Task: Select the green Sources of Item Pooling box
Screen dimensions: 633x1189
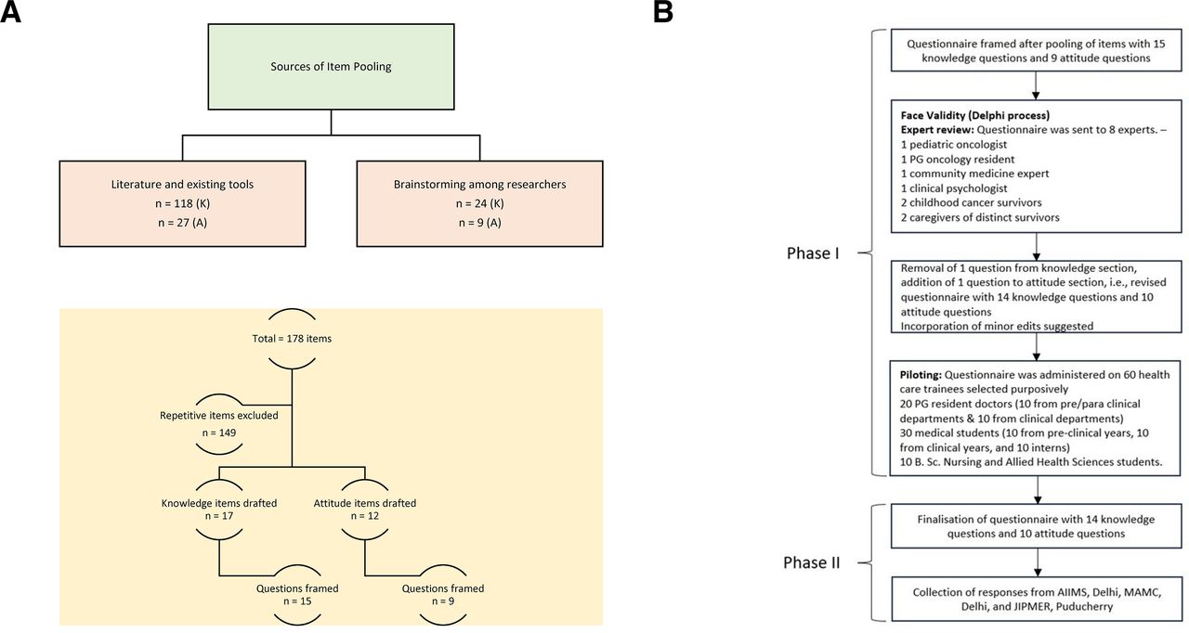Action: (x=332, y=68)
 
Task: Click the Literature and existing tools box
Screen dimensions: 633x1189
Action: (x=182, y=202)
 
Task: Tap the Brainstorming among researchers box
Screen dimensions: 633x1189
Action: (x=479, y=202)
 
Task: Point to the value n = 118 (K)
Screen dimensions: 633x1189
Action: (x=182, y=204)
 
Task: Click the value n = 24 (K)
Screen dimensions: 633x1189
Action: (x=479, y=204)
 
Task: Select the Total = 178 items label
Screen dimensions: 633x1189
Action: (x=292, y=339)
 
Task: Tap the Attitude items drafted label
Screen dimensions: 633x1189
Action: (x=364, y=503)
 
